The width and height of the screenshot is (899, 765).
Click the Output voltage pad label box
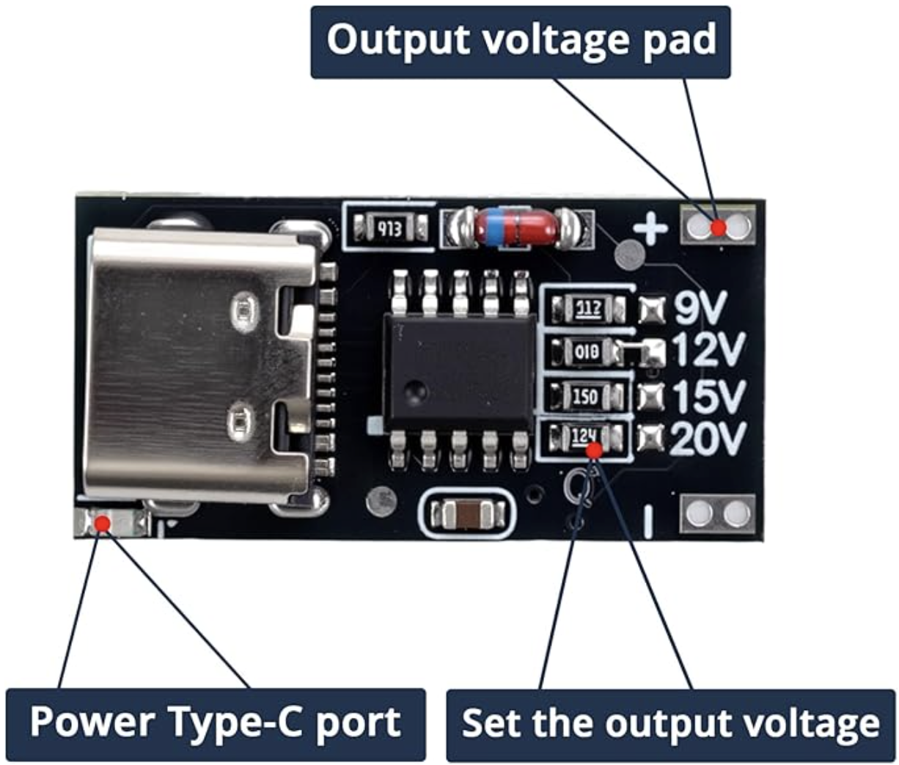tap(521, 41)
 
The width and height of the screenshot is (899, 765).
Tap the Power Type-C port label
tap(216, 723)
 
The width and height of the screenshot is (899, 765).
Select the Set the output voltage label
tap(670, 724)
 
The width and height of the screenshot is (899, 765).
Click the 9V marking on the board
tap(699, 309)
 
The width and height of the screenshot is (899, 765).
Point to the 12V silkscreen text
tap(708, 351)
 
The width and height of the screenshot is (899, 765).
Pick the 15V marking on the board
tap(708, 396)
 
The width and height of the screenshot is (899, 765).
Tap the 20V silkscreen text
tap(708, 439)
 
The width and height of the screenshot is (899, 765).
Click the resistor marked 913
tap(389, 229)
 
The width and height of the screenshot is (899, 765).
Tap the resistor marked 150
tap(585, 397)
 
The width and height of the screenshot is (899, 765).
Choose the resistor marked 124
tap(584, 438)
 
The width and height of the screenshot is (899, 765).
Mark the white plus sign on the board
tap(650, 230)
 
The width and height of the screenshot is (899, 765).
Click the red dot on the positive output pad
tap(719, 227)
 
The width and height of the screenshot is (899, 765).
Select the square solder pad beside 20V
tap(650, 439)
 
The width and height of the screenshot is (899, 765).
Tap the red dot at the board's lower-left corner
tap(103, 523)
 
